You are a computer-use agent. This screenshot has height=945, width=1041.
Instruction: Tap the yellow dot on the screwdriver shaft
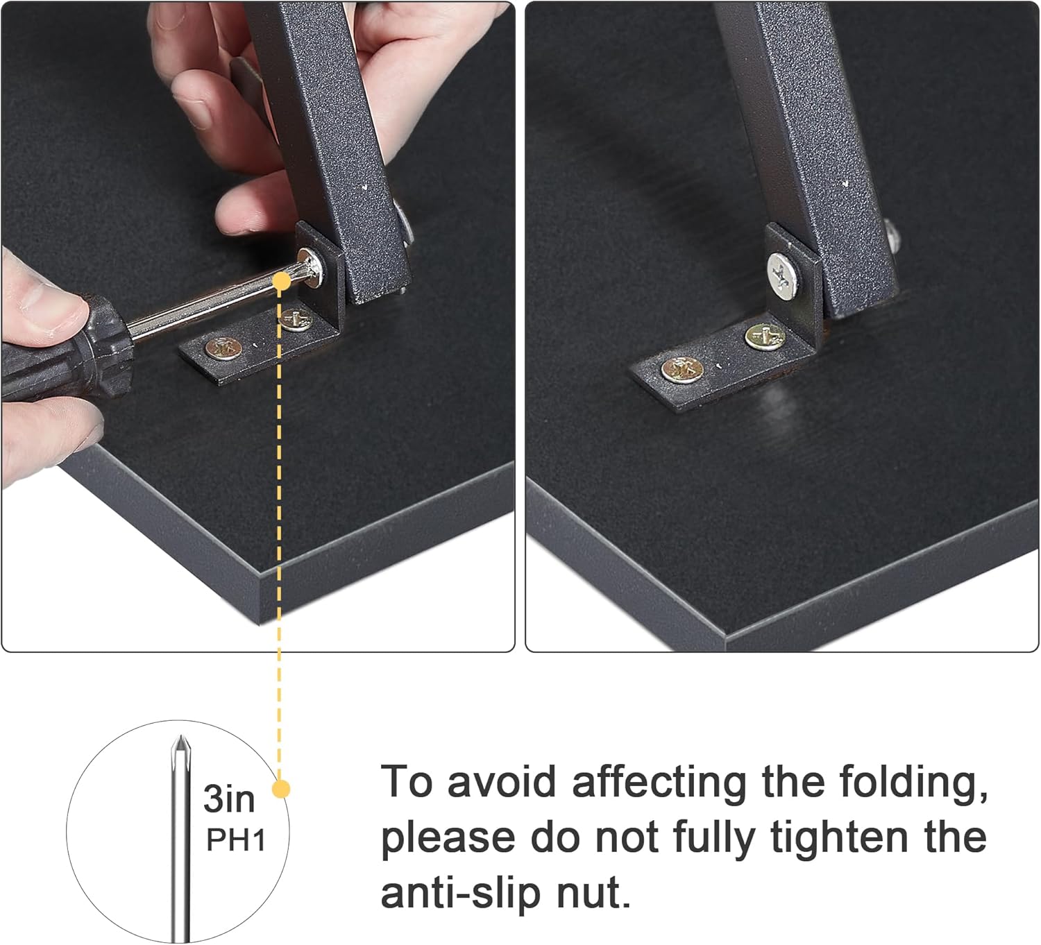(x=281, y=280)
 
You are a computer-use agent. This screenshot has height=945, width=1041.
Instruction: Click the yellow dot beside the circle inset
(x=281, y=789)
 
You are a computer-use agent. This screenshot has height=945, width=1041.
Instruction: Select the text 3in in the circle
(x=229, y=799)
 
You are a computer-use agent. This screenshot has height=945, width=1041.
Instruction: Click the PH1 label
(x=236, y=841)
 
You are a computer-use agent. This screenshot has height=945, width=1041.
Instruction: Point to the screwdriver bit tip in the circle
(x=180, y=746)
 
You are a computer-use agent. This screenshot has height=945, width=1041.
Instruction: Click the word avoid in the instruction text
(x=501, y=782)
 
